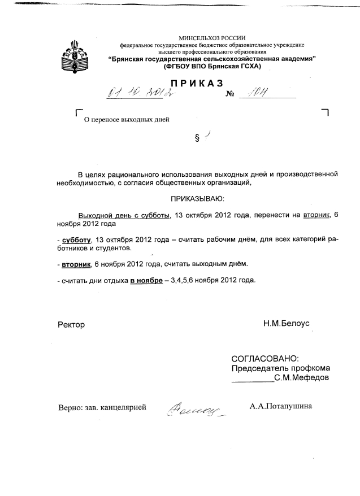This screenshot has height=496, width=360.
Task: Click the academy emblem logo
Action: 74,54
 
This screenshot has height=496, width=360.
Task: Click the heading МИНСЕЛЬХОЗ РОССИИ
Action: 211,38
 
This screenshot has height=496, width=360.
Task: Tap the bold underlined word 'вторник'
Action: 76,264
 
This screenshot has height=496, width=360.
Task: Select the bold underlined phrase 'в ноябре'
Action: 146,280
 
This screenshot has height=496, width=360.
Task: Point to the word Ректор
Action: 71,325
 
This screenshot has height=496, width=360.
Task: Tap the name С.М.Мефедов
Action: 301,378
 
